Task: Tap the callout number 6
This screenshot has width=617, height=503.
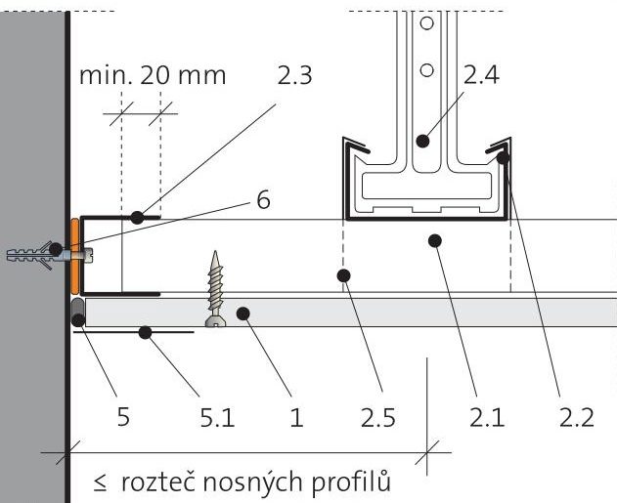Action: (x=261, y=200)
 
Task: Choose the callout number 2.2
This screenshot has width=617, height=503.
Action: (x=577, y=417)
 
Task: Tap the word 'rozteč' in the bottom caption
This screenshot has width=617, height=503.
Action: (x=154, y=482)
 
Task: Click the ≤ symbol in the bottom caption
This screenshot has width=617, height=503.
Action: (x=100, y=482)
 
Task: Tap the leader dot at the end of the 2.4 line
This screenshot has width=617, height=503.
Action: (x=421, y=140)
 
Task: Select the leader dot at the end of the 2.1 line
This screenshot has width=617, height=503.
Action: (x=436, y=239)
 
